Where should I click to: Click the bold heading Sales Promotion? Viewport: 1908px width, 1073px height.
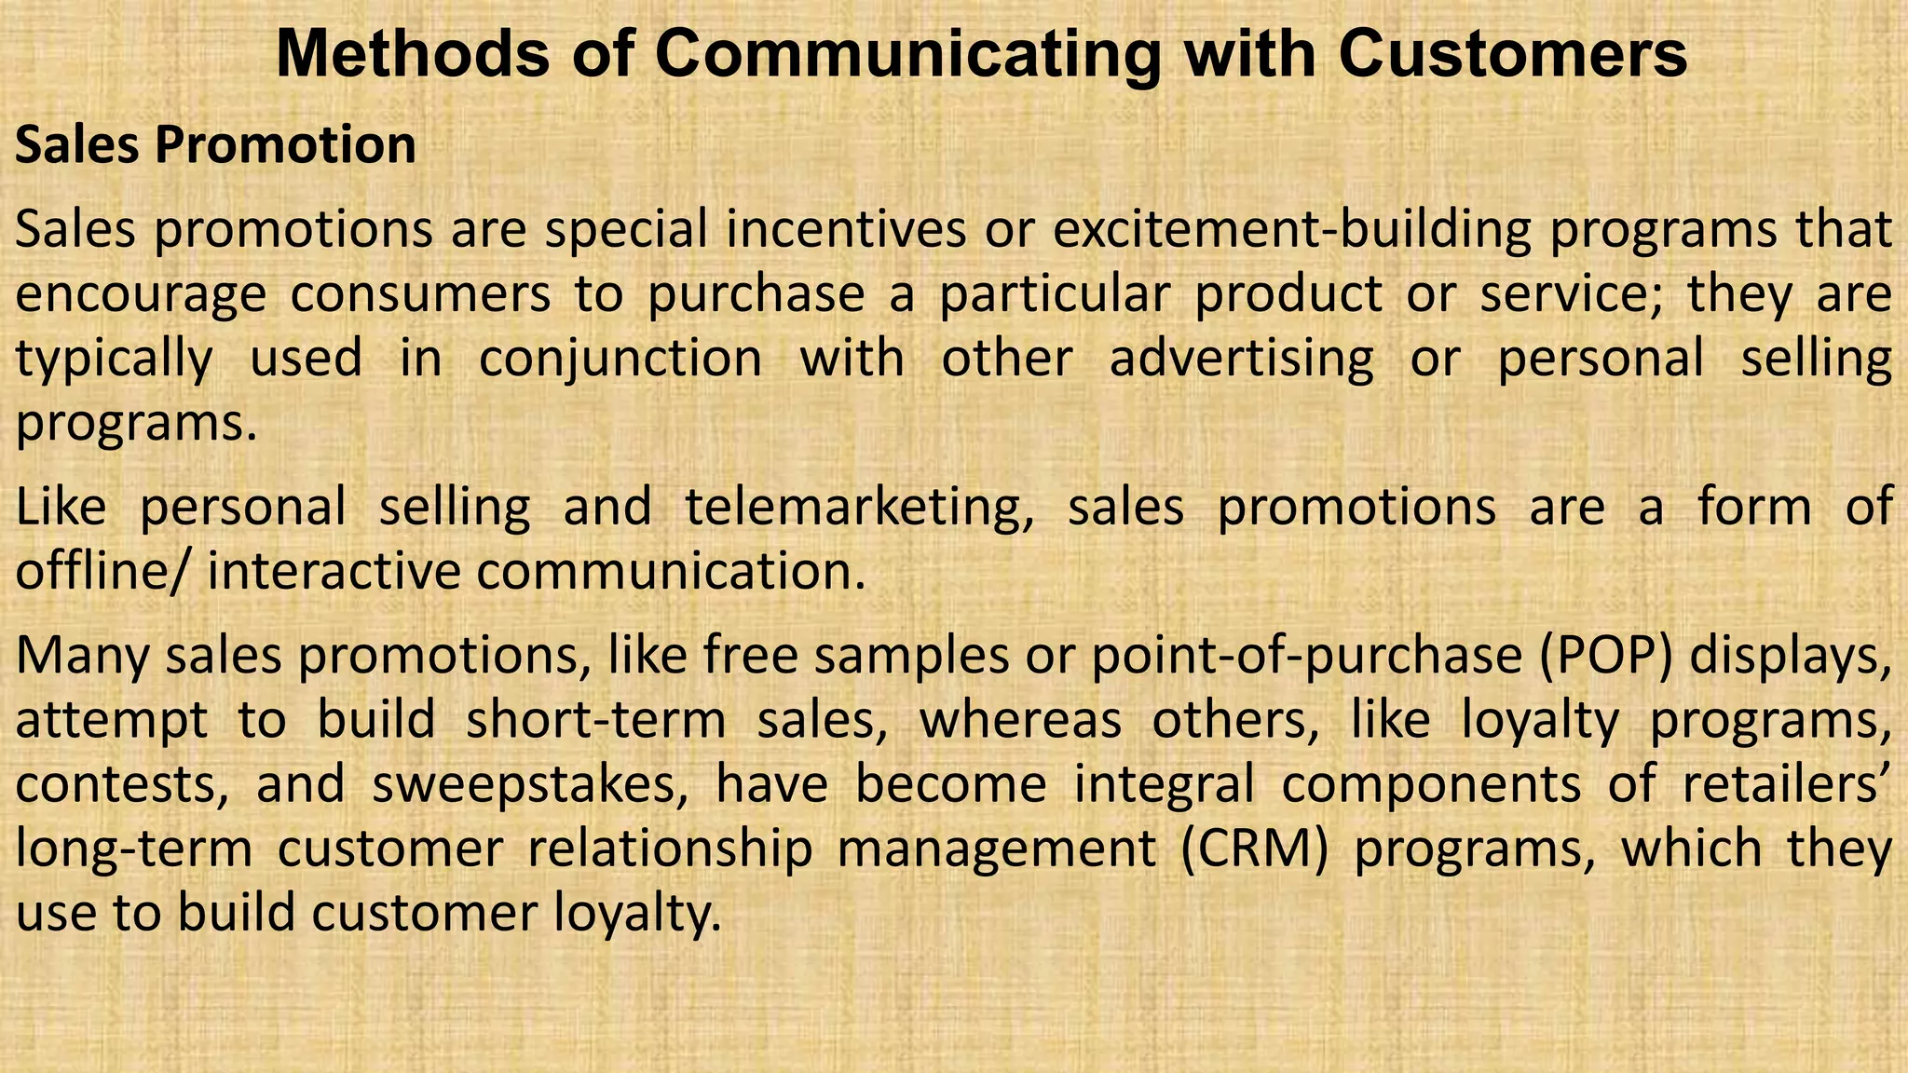[x=215, y=145]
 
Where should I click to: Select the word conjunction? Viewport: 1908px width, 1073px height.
[x=620, y=359]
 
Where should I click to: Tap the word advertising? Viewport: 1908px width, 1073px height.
[x=1241, y=359]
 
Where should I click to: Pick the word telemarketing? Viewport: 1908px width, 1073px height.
[x=858, y=508]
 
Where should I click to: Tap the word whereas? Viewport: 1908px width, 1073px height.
[x=1020, y=720]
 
